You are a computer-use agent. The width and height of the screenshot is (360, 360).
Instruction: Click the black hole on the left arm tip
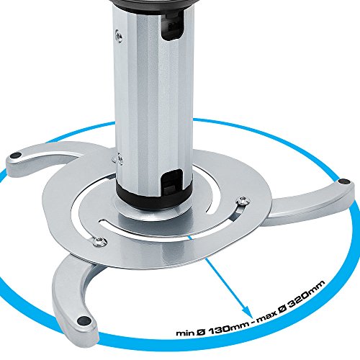click(15, 156)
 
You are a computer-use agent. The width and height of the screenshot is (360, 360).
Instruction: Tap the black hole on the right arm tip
click(343, 181)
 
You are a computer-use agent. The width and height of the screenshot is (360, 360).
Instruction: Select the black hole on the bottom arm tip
click(84, 320)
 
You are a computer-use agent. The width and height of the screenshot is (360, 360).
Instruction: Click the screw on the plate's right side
click(243, 200)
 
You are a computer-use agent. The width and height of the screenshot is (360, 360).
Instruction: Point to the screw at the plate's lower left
click(99, 241)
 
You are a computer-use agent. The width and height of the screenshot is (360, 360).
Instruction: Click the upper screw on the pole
click(118, 36)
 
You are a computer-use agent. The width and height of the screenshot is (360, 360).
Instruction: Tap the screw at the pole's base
click(118, 158)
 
